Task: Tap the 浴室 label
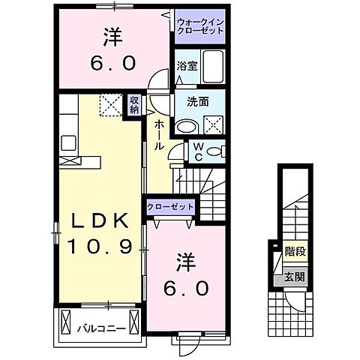click(187, 66)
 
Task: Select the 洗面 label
click(187, 103)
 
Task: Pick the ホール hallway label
click(159, 135)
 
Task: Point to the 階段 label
click(294, 253)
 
